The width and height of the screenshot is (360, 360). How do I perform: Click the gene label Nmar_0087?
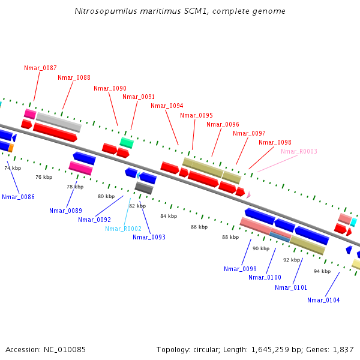[x=40, y=68]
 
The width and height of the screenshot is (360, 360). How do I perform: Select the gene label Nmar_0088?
[x=74, y=77]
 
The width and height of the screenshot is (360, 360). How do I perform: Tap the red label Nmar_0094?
[x=167, y=106]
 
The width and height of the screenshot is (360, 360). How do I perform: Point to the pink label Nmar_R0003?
[x=299, y=151]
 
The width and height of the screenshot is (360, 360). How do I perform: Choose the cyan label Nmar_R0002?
[x=123, y=229]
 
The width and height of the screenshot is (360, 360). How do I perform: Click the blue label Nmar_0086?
[x=18, y=197]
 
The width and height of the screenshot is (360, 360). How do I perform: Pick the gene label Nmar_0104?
[x=323, y=300]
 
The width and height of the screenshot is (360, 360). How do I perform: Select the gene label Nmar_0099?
[x=240, y=269]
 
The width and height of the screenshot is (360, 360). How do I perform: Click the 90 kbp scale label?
[x=261, y=248]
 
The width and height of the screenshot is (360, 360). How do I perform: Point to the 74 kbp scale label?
[x=13, y=168]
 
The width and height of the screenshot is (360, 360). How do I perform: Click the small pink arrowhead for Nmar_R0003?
[x=248, y=194]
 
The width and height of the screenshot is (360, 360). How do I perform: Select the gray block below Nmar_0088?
[x=58, y=122]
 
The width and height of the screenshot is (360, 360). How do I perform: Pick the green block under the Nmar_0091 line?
[x=127, y=142]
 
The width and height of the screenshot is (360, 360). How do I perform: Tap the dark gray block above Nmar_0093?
[x=144, y=188]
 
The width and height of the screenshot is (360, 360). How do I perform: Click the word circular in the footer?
[x=209, y=349]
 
